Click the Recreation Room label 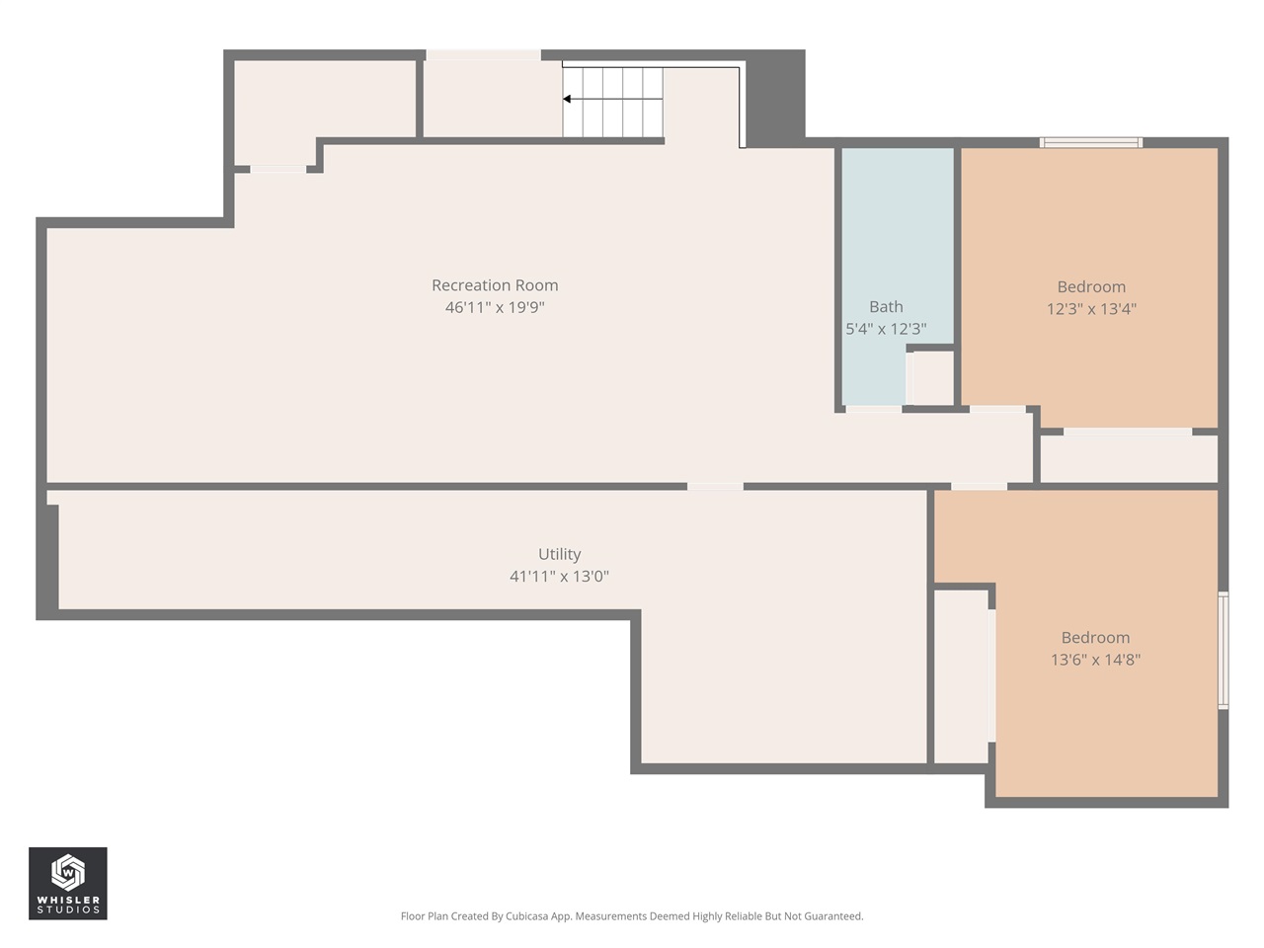(495, 285)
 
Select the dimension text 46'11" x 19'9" (495, 307)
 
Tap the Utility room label (559, 554)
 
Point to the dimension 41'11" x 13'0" (559, 576)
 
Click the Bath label (886, 307)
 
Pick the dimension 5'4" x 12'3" (886, 329)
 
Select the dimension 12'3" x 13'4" (1091, 309)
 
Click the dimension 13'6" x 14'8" (1095, 660)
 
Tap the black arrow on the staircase (568, 99)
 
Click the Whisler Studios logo (67, 883)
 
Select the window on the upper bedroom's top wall (1091, 143)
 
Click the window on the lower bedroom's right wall (1223, 651)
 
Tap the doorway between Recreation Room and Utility (715, 486)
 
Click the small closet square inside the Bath (932, 377)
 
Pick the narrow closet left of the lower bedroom (962, 675)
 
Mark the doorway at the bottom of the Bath (873, 409)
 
